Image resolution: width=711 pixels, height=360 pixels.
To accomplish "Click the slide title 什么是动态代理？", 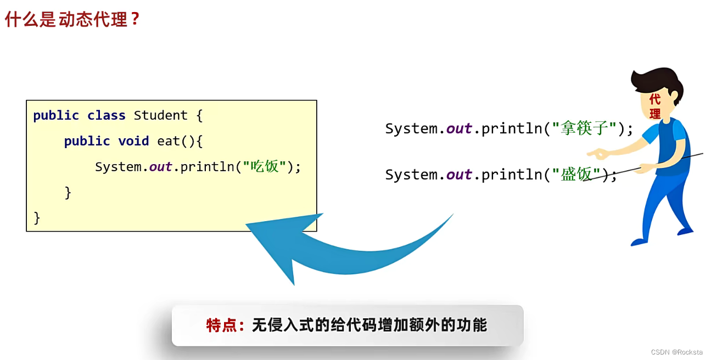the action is point(72,19).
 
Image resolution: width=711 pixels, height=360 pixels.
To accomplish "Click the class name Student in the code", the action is point(161,115).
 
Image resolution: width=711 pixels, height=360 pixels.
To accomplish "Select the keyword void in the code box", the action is point(133,141).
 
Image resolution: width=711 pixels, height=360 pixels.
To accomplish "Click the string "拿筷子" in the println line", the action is point(584,129).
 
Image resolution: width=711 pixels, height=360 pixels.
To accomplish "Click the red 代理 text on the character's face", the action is point(654,106).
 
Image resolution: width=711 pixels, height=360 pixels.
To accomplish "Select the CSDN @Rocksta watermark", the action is point(676,352).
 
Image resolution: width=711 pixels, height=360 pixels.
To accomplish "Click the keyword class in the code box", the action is point(107,115).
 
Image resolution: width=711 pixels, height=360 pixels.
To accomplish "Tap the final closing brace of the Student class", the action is point(37,217).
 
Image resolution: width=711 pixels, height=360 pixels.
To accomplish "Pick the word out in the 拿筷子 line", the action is point(459,129).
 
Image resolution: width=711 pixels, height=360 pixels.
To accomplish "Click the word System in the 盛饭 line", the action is point(411,175).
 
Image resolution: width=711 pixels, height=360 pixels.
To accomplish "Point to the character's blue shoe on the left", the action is point(639,241).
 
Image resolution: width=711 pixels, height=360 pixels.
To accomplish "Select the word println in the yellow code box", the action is point(207,166).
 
